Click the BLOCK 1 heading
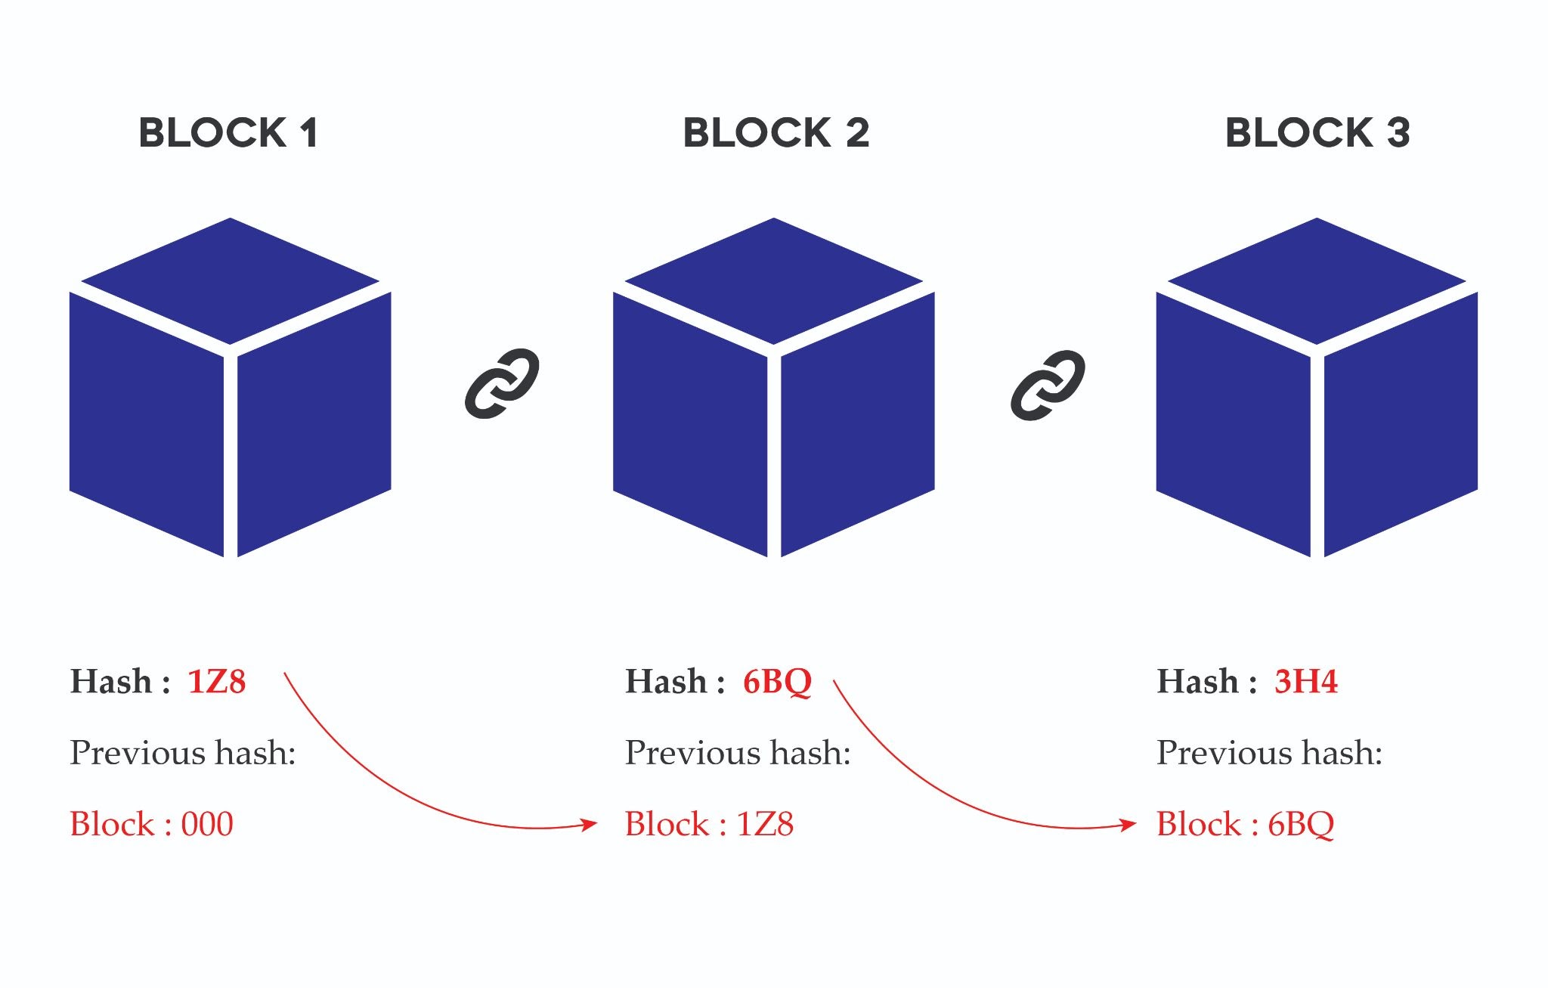228,133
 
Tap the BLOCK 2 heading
776,133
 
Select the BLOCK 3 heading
1317,133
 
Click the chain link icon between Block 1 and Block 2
502,383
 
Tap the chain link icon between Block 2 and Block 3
1048,385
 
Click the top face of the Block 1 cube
231,281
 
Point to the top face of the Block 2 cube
774,281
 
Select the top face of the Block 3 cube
1317,281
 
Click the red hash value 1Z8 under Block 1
217,681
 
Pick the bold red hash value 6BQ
777,683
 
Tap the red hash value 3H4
1306,681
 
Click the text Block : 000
152,824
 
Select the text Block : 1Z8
709,824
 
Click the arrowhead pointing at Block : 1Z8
589,823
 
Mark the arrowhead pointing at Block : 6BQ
1128,823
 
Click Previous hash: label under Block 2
738,753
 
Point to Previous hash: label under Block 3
1270,753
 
